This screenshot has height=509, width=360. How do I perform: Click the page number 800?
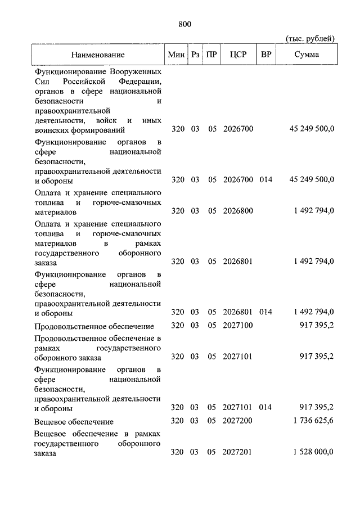(x=184, y=24)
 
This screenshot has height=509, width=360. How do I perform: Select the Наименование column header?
(x=98, y=55)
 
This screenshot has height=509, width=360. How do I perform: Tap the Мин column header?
(x=177, y=55)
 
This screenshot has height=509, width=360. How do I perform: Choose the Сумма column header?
(x=307, y=55)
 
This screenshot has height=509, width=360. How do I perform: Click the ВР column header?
(x=266, y=55)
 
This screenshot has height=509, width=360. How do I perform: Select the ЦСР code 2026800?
(x=238, y=211)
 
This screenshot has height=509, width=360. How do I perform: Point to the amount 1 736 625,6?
(x=314, y=421)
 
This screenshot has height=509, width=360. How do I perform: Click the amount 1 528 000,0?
(x=314, y=452)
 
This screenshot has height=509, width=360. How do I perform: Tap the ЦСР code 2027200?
(x=238, y=421)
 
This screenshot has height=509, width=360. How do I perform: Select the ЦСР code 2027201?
(x=238, y=452)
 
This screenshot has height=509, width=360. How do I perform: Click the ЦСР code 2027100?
(x=238, y=325)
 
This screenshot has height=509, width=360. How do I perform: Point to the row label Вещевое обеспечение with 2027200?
(x=74, y=422)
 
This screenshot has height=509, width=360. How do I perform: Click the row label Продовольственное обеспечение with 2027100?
(x=94, y=326)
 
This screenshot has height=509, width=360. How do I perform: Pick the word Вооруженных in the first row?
(x=136, y=73)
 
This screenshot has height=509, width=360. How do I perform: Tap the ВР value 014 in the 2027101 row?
(x=266, y=407)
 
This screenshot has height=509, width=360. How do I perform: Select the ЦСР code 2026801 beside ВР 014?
(x=238, y=312)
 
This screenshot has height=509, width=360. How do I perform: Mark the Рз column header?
(x=195, y=55)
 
